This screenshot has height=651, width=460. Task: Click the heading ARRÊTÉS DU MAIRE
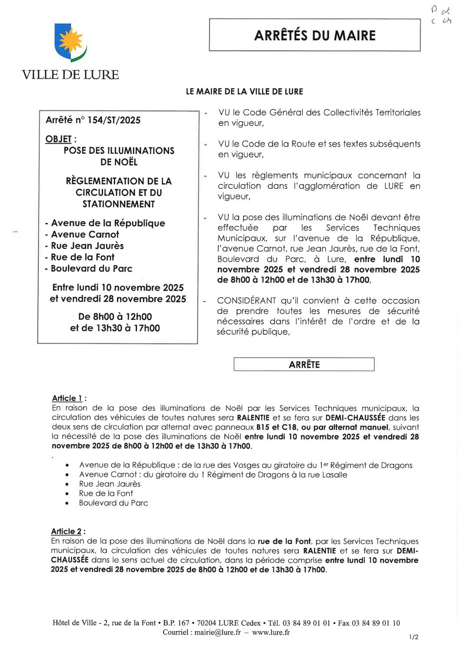pyautogui.click(x=315, y=35)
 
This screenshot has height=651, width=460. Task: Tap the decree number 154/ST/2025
pyautogui.click(x=114, y=120)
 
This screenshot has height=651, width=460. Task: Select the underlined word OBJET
pyautogui.click(x=58, y=139)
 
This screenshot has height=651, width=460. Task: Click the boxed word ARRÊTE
pyautogui.click(x=304, y=365)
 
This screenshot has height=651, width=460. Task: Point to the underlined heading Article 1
pyautogui.click(x=67, y=398)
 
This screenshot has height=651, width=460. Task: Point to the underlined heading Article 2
pyautogui.click(x=66, y=531)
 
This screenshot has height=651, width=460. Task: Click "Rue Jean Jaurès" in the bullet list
pyautogui.click(x=110, y=484)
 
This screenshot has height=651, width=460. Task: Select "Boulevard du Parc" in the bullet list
pyautogui.click(x=113, y=503)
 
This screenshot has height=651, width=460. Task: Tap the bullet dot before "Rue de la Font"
pyautogui.click(x=67, y=494)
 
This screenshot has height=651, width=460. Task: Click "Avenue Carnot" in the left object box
pyautogui.click(x=85, y=235)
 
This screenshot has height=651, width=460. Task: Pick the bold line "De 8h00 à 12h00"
pyautogui.click(x=115, y=317)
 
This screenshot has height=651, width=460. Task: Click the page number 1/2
pyautogui.click(x=413, y=637)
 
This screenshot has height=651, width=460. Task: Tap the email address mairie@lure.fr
pyautogui.click(x=217, y=632)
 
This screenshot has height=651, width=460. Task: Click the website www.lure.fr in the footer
pyautogui.click(x=270, y=632)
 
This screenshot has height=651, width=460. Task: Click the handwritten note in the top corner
pyautogui.click(x=441, y=15)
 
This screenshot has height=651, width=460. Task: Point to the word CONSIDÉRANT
pyautogui.click(x=247, y=301)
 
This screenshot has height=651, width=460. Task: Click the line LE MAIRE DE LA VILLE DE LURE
pyautogui.click(x=244, y=92)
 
